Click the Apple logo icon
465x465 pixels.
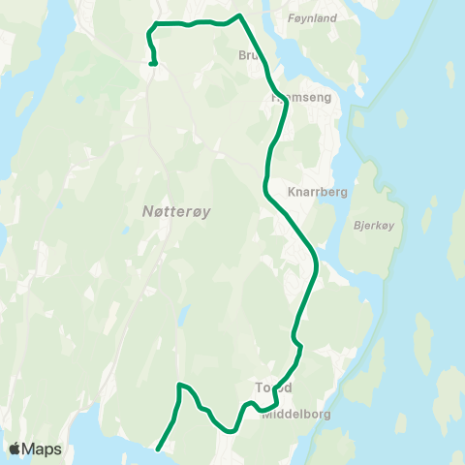(x=15, y=449)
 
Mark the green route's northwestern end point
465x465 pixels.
(x=153, y=63)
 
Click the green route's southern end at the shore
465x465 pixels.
(x=158, y=448)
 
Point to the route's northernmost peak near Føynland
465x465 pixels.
(x=239, y=15)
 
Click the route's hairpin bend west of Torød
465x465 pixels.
(x=180, y=387)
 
